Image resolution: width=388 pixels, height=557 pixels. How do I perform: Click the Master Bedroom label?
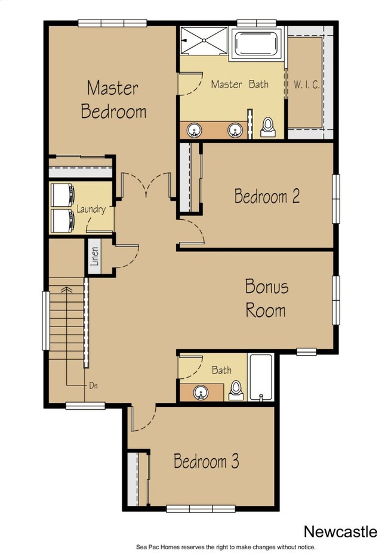(x=113, y=99)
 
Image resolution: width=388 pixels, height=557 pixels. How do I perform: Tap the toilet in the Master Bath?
(x=267, y=127)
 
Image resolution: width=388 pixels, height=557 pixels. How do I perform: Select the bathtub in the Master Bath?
(x=256, y=44)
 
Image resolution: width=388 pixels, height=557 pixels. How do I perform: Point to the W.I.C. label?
(x=306, y=85)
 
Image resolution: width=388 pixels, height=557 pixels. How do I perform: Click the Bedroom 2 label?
(x=267, y=196)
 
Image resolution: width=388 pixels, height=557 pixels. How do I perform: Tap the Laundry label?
(x=91, y=209)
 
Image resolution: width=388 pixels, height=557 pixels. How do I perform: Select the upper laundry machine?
(x=62, y=195)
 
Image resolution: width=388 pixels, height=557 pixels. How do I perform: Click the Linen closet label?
(x=94, y=257)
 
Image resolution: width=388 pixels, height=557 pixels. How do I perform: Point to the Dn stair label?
(x=93, y=385)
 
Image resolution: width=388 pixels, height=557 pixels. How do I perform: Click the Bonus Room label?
(x=267, y=298)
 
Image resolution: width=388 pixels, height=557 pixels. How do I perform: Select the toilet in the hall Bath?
(x=236, y=390)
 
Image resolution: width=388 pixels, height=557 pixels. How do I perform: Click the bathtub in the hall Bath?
(x=261, y=377)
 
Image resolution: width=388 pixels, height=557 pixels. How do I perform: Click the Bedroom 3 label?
(x=206, y=460)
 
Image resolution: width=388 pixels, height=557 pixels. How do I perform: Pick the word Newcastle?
(x=340, y=532)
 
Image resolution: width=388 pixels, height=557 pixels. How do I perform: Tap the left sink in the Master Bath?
(x=195, y=130)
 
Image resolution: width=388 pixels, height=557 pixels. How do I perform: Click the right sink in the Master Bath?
(x=235, y=130)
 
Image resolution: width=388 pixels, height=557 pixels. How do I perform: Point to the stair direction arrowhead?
(x=67, y=290)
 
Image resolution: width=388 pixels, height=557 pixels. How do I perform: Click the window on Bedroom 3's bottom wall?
(x=201, y=509)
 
